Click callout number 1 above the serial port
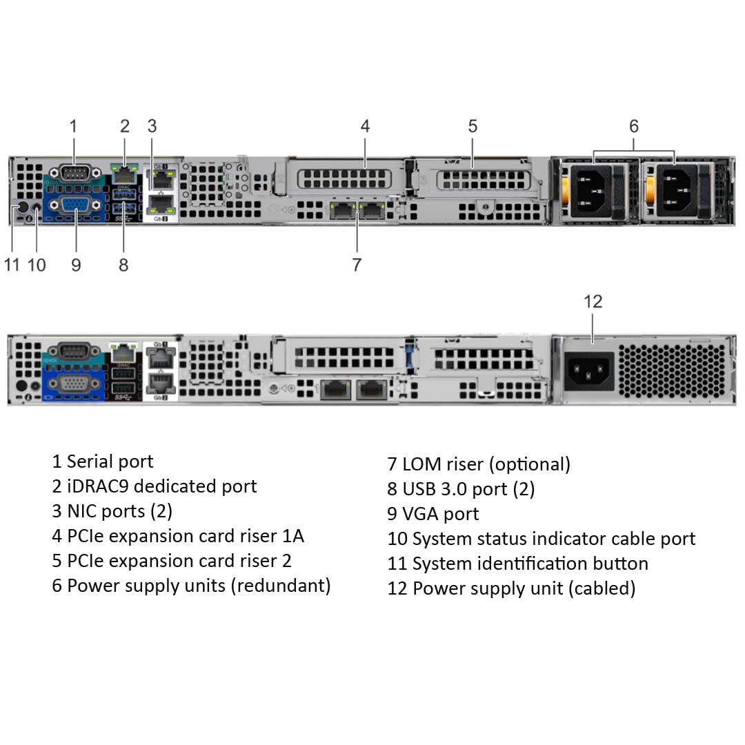(x=73, y=126)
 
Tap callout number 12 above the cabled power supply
(x=593, y=301)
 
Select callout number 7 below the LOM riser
(x=357, y=264)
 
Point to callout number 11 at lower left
(x=12, y=264)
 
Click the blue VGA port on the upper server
(x=74, y=207)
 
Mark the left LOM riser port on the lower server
(x=335, y=389)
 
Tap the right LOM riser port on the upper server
(x=373, y=210)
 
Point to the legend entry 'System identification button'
(x=517, y=564)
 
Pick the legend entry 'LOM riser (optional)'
(x=479, y=464)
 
